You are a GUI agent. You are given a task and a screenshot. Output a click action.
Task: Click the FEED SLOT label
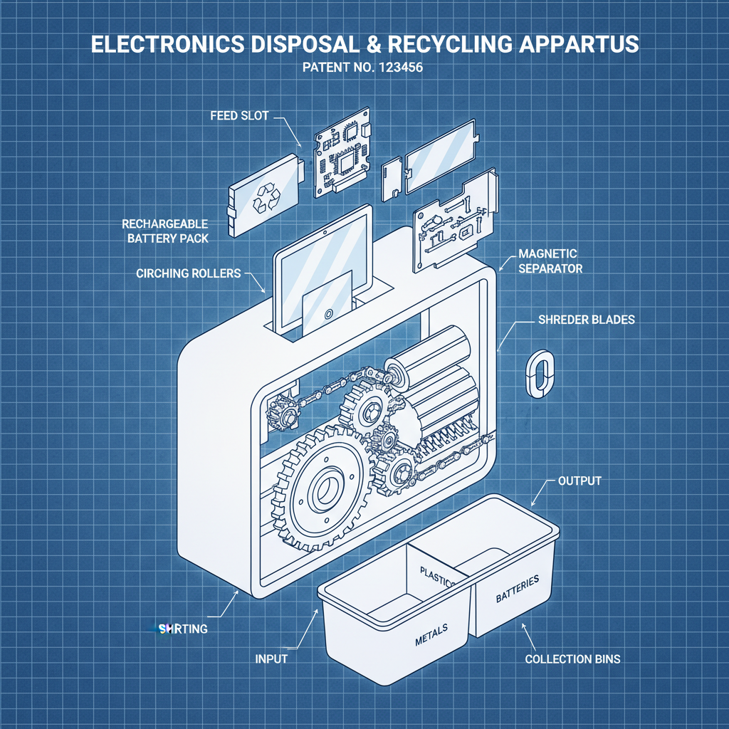239,115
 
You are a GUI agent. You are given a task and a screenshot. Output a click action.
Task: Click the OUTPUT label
579,481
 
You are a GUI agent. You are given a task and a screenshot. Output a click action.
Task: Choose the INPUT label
271,659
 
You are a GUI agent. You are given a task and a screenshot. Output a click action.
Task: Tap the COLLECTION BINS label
572,659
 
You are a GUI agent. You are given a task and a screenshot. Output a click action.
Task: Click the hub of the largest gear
329,488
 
